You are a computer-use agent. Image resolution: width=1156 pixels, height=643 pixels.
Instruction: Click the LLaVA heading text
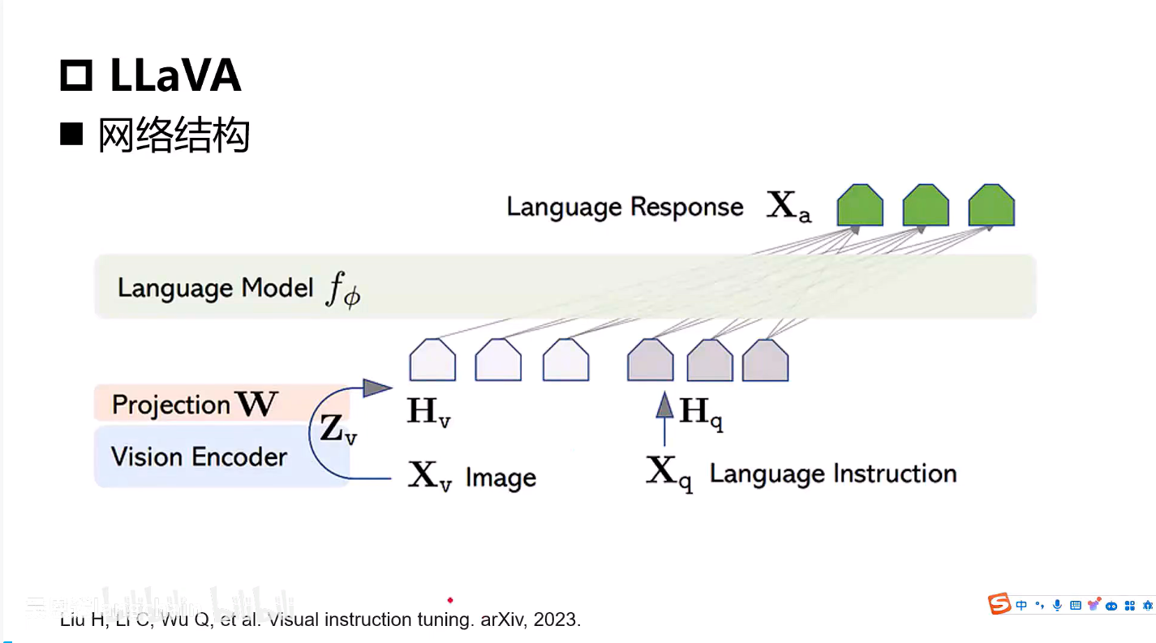coord(175,76)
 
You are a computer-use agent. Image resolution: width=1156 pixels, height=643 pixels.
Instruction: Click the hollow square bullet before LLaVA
coord(77,76)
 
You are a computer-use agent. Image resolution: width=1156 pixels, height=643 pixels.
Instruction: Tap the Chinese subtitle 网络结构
coord(174,135)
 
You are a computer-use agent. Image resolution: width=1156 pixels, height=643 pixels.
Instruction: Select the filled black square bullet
coord(72,134)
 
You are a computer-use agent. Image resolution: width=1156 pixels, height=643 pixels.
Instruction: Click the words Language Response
coord(625,207)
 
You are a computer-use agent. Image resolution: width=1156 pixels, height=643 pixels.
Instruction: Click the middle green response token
coord(926,205)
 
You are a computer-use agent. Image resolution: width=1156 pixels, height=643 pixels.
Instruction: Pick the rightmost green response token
coord(991,205)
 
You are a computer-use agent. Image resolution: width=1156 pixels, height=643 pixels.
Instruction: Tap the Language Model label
coord(215,288)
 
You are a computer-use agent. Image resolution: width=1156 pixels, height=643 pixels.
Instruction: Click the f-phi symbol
coord(342,290)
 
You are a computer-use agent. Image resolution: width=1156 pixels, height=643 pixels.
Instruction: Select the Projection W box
coord(221,403)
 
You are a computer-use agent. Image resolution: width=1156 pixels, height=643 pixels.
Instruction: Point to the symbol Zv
coord(337,430)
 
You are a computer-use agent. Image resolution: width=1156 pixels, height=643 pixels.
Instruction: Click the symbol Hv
coord(428,412)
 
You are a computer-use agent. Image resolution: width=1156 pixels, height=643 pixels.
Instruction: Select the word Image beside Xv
coord(501,478)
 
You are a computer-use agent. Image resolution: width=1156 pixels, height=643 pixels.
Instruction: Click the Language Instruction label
coord(833,474)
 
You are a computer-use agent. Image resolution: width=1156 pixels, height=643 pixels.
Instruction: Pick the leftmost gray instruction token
coord(650,360)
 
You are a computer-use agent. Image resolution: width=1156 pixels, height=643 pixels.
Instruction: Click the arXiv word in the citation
coord(503,620)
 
